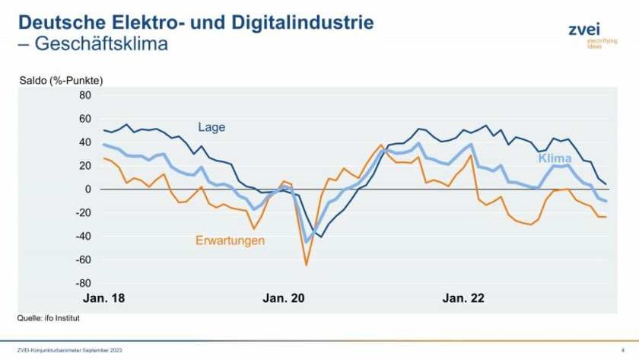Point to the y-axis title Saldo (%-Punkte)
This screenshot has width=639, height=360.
click(x=61, y=80)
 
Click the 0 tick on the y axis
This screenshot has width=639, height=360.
click(x=87, y=190)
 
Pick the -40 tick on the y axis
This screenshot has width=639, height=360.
click(x=82, y=236)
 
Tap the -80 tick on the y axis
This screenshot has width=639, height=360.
click(x=82, y=283)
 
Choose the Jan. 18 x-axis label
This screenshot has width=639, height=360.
click(x=103, y=298)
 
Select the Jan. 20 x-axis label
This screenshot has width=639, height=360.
click(x=284, y=298)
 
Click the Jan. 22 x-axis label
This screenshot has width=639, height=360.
click(x=463, y=298)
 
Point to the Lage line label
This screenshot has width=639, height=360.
click(x=211, y=127)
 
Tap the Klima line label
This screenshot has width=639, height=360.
click(x=555, y=158)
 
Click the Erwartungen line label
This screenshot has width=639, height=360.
click(x=230, y=241)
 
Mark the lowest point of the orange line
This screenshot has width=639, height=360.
click(x=307, y=265)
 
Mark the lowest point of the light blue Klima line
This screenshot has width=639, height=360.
click(x=307, y=242)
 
